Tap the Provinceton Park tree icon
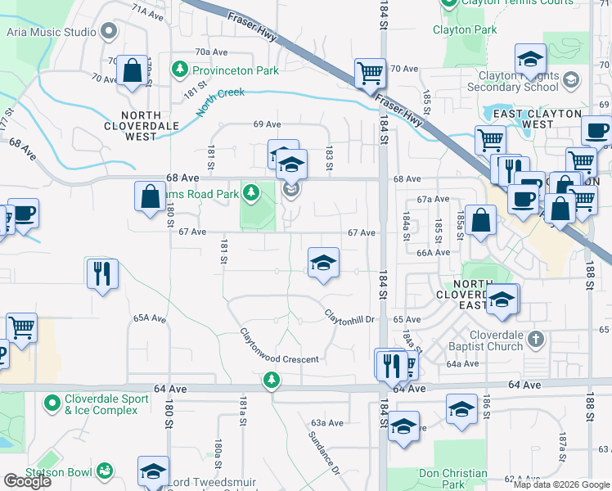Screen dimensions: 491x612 [178, 70]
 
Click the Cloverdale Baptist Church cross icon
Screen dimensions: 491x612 [535, 338]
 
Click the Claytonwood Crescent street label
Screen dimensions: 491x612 [278, 347]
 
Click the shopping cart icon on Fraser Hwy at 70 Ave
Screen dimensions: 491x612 [371, 73]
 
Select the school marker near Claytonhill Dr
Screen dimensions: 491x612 [324, 263]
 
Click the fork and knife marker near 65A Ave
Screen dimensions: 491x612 [102, 273]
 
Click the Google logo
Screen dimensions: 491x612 [27, 481]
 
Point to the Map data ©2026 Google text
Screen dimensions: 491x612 [561, 484]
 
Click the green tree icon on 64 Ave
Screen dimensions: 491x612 [271, 380]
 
